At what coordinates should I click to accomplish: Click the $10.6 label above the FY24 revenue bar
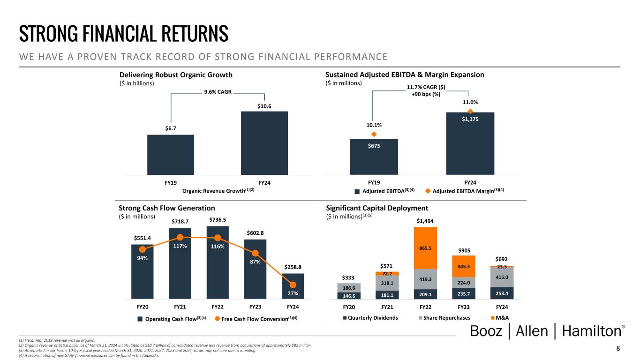tap(264, 106)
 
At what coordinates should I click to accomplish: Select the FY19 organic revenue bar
tap(171, 155)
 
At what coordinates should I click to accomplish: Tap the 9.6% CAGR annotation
tap(218, 92)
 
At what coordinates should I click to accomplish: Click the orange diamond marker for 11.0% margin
tap(470, 111)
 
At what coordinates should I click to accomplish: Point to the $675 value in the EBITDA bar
tap(374, 146)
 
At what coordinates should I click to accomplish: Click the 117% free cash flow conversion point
tap(180, 237)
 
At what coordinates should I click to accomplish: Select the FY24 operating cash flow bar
tap(293, 286)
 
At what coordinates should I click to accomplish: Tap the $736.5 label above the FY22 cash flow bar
tap(218, 219)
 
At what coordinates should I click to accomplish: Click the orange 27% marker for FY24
tap(293, 285)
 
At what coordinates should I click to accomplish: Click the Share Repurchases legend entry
tap(444, 318)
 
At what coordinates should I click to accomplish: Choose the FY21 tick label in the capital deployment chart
tap(387, 307)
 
